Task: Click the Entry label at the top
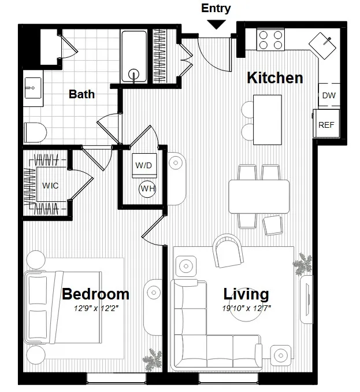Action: coord(216,8)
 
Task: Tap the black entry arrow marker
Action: coord(216,24)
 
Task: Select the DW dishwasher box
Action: coord(328,95)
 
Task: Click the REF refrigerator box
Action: coord(325,124)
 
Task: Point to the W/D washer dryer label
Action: coord(143,165)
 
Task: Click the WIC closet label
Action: coord(50,186)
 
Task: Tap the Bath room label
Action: coord(81,94)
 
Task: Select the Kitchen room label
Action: coord(275,78)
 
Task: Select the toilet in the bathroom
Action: coord(35,132)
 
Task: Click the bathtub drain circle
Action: coord(135,74)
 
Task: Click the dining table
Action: coord(259,196)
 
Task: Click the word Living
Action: coord(247,294)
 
